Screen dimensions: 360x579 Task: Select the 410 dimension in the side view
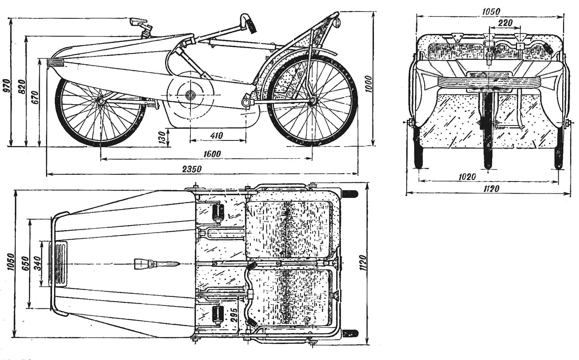coord(217,136)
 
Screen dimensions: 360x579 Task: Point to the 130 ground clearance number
coord(162,137)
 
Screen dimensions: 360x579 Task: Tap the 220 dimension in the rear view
coord(505,22)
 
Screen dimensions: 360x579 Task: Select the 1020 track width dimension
coord(467,177)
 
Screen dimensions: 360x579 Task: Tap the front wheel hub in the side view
coord(100,100)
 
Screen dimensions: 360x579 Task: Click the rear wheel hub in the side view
coord(312,100)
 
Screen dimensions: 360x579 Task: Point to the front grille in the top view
coord(60,264)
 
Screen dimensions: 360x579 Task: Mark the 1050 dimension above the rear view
coord(490,11)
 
